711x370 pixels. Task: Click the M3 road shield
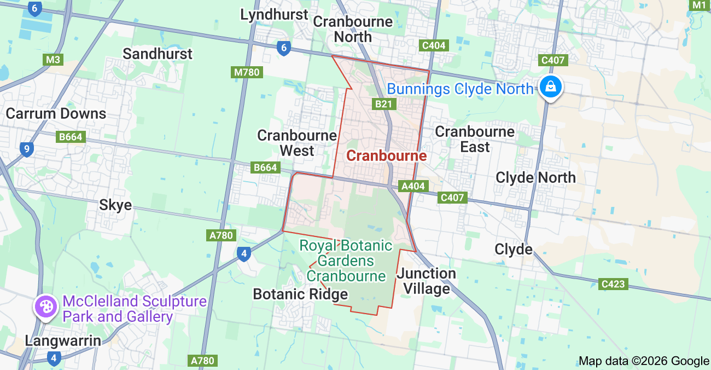click(x=53, y=60)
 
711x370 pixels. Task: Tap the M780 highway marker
click(x=247, y=72)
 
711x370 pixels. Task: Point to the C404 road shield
click(x=434, y=45)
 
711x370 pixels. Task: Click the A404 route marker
click(x=413, y=186)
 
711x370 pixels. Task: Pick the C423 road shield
click(x=612, y=284)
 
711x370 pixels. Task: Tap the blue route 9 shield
click(x=26, y=149)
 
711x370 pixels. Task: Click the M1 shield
click(x=700, y=5)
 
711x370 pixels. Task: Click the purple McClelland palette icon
click(x=45, y=306)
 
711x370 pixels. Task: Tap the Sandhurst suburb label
click(x=158, y=54)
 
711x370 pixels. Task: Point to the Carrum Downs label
click(x=56, y=113)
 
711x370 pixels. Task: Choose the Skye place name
click(x=115, y=205)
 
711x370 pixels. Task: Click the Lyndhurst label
click(x=275, y=15)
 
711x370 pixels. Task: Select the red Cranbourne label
click(x=387, y=155)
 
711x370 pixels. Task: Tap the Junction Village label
click(x=427, y=281)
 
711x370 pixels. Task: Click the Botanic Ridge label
click(x=300, y=294)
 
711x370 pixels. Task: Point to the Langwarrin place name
click(x=63, y=341)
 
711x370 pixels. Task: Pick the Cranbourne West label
click(x=297, y=143)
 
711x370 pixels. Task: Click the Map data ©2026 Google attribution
click(x=644, y=361)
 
